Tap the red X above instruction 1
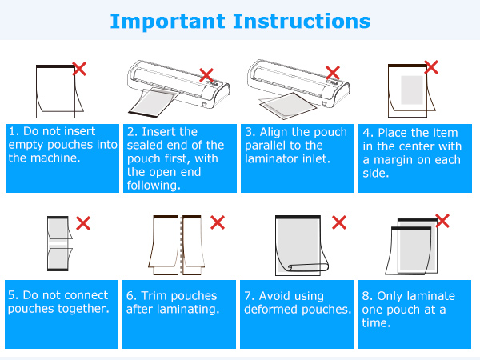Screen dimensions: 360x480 (79, 70)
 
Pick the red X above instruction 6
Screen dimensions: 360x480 (218, 222)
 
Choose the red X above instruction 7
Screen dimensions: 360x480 (339, 222)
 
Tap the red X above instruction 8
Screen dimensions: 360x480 (442, 219)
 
